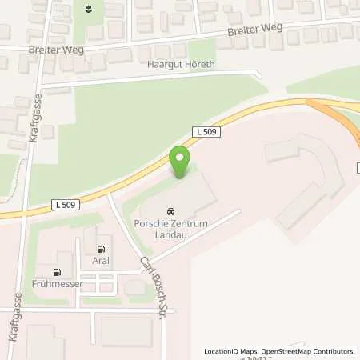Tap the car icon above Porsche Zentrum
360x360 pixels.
pos(170,211)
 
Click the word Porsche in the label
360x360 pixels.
pos(150,224)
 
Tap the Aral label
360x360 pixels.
pos(102,261)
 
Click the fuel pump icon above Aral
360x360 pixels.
pos(101,249)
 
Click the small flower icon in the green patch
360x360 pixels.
pos(88,10)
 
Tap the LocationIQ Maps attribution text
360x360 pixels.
pos(229,351)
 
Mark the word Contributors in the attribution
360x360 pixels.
pos(332,351)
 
